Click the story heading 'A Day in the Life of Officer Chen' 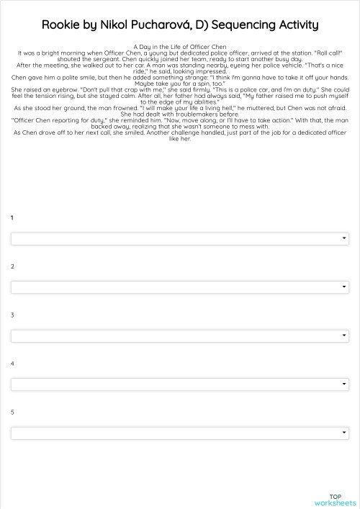[180, 47]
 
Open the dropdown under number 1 [179, 238]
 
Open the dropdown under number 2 [179, 287]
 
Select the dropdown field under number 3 [179, 335]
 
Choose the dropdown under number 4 [179, 384]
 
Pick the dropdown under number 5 [179, 433]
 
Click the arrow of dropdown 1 [344, 238]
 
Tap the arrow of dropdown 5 [344, 433]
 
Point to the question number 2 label [12, 266]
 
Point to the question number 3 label [12, 315]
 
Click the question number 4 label [12, 364]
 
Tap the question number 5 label [12, 412]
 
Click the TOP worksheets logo [335, 500]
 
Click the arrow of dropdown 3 [344, 335]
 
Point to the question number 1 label [12, 217]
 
